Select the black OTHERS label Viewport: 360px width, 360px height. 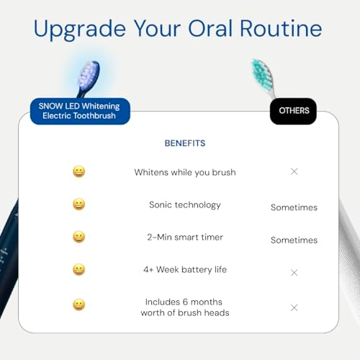click(x=293, y=111)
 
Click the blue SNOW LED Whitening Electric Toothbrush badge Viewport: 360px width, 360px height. click(x=80, y=111)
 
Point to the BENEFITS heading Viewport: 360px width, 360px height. click(x=185, y=143)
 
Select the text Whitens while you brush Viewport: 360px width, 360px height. click(x=185, y=172)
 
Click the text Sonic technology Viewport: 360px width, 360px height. click(x=185, y=204)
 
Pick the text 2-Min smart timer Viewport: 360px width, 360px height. click(x=184, y=237)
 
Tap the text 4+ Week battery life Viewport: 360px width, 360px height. click(x=185, y=269)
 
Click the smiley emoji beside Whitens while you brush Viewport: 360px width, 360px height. click(x=78, y=171)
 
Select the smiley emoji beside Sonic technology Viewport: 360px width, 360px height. click(x=78, y=204)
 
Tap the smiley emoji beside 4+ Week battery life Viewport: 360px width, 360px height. click(x=78, y=269)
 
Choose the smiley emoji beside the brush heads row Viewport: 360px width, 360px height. click(x=78, y=305)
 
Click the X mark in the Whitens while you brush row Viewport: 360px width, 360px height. click(x=294, y=171)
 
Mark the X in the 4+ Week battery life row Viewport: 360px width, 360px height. click(x=294, y=273)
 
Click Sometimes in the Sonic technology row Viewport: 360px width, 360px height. click(x=294, y=207)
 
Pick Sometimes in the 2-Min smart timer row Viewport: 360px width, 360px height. click(x=294, y=240)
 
